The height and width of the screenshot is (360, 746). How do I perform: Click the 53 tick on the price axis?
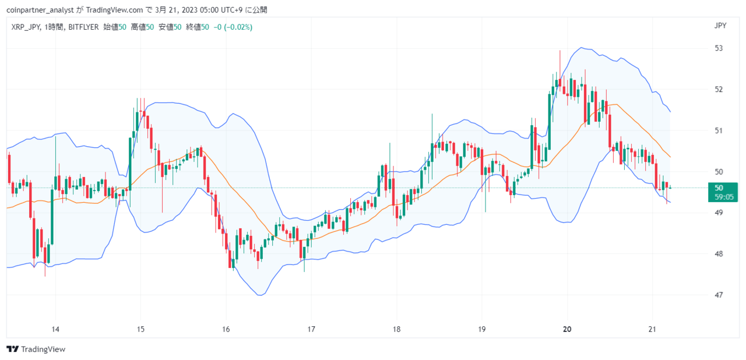(x=719, y=48)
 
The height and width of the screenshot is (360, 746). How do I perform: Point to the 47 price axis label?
(x=719, y=295)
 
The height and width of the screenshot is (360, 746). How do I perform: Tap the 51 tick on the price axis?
(x=719, y=130)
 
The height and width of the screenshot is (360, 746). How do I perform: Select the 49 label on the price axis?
(x=719, y=213)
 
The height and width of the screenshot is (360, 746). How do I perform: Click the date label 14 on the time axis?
(x=55, y=329)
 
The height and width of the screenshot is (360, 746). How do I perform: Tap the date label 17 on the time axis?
(x=311, y=329)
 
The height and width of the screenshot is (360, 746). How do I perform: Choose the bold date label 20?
(x=567, y=329)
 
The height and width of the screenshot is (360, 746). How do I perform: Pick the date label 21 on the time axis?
(x=652, y=329)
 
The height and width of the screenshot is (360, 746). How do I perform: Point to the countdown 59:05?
(x=724, y=197)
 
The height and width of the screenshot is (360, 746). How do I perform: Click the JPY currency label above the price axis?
(x=720, y=26)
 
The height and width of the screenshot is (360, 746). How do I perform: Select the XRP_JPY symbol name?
(x=26, y=27)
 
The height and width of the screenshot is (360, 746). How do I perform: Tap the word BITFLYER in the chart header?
(x=83, y=27)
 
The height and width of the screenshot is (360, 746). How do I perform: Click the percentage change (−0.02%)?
(x=238, y=27)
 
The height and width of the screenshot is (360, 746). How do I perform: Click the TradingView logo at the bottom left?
(x=36, y=349)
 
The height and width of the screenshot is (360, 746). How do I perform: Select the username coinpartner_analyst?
(x=40, y=10)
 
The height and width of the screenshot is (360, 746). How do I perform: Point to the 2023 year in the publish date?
(x=189, y=10)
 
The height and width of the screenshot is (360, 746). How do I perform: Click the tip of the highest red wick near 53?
(x=560, y=51)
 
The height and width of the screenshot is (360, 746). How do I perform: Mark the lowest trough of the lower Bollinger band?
(x=261, y=295)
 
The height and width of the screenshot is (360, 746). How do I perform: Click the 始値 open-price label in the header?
(x=111, y=27)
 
